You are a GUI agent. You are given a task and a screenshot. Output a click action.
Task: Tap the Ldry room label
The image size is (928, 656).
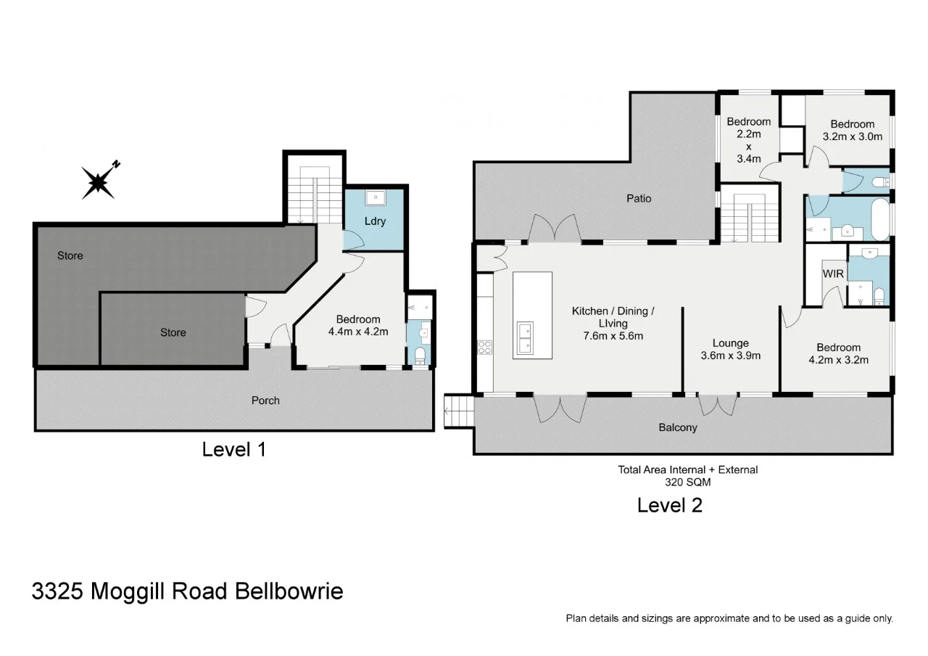click(375, 221)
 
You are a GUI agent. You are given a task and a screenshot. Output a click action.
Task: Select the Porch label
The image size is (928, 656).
click(265, 401)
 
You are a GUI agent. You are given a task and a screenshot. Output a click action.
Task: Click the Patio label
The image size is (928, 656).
click(639, 199)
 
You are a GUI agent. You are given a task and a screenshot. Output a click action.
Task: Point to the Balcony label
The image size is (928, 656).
click(678, 427)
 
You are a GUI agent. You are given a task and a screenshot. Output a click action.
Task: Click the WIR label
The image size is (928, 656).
click(833, 274)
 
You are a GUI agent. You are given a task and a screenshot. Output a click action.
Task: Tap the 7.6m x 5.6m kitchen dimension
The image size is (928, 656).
click(613, 336)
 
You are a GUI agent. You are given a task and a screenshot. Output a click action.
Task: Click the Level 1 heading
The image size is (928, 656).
click(233, 449)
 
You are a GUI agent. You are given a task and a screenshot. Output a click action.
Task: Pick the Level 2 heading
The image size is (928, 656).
click(669, 506)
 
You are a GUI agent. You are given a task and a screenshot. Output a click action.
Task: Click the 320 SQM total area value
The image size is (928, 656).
click(688, 483)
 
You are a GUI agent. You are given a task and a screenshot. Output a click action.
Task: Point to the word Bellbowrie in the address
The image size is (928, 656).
click(289, 591)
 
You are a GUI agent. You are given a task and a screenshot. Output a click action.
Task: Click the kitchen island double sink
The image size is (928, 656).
click(525, 338)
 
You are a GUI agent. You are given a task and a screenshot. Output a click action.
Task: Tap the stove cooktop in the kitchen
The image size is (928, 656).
click(485, 348)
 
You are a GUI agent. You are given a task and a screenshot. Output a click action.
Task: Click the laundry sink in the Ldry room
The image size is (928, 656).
click(376, 197)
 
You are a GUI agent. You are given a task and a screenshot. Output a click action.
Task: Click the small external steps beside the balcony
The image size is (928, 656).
click(459, 411)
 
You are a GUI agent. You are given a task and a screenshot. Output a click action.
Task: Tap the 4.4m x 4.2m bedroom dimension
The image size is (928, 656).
click(358, 332)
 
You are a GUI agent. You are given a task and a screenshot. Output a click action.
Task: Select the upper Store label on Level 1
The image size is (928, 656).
click(70, 256)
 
